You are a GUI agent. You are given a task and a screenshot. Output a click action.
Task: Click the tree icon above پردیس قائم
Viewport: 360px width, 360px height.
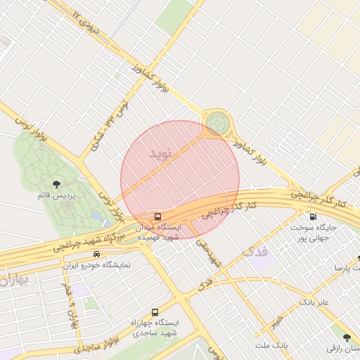pos(56,184)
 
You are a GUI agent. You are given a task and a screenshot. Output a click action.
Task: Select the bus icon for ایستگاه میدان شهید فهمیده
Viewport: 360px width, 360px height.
pos(157,217)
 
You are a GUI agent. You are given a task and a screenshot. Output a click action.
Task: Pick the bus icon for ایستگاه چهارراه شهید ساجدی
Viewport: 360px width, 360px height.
pos(155,311)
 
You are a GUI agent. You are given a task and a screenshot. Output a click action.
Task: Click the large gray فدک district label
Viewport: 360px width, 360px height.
pos(254,250)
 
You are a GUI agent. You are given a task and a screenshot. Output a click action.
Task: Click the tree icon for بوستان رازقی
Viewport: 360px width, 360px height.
pos(345,338)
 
